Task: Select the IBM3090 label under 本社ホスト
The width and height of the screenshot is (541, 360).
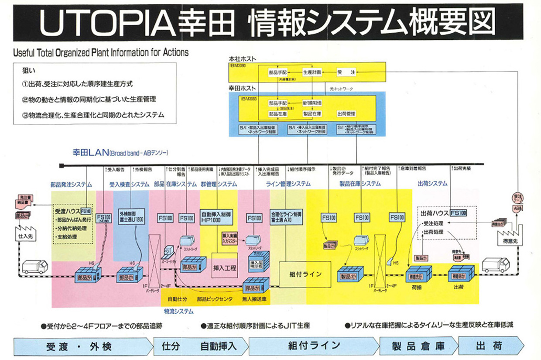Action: [x=238, y=65]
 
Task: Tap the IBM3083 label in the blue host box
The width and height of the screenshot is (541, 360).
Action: [x=248, y=99]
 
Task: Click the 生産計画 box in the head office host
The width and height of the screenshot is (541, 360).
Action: [x=312, y=71]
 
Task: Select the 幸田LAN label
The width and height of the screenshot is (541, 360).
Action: [x=87, y=153]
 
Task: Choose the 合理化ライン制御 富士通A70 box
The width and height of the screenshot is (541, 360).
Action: [x=287, y=218]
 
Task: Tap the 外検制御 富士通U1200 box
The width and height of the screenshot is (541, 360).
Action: [x=129, y=218]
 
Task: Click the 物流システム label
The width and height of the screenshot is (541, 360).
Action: [x=179, y=312]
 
